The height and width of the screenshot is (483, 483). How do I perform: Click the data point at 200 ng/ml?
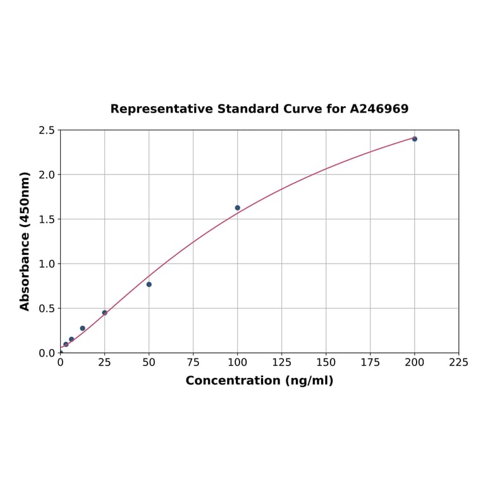point(415,139)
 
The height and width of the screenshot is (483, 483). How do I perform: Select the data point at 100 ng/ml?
point(238,208)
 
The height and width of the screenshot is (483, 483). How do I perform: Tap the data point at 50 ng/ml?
point(149,284)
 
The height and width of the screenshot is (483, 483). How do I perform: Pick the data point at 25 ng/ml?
point(105,312)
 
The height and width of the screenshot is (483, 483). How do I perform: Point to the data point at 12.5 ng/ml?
point(83,328)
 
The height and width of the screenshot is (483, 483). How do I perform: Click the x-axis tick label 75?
point(193,363)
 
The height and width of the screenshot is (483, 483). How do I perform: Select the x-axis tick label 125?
point(282,363)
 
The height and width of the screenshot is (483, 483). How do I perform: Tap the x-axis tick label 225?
point(459,363)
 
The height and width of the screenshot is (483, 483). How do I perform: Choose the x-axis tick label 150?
point(326,363)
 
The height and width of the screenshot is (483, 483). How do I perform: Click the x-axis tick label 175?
point(370,363)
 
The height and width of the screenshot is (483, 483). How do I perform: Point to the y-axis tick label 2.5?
point(47,130)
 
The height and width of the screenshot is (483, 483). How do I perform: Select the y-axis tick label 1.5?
point(47,219)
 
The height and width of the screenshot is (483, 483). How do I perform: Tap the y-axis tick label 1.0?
point(47,264)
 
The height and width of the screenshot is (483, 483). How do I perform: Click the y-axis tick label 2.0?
point(47,174)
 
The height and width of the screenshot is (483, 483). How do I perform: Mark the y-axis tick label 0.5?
point(47,309)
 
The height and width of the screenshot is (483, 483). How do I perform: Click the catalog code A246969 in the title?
point(379,109)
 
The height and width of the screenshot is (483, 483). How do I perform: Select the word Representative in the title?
point(161,109)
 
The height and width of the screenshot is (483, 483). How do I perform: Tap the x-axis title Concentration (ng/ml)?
point(259,381)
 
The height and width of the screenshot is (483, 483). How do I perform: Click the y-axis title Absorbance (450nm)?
point(25,241)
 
